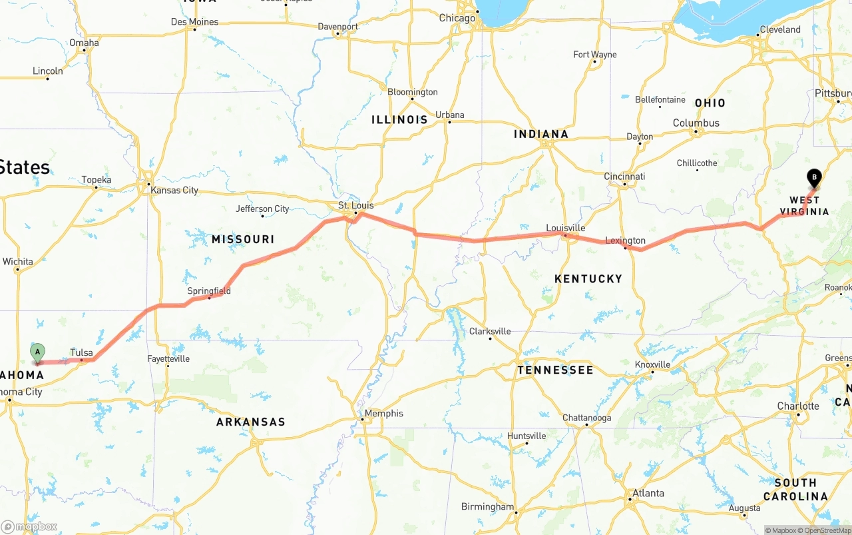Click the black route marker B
click(813, 178)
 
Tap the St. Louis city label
click(356, 205)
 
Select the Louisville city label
click(565, 228)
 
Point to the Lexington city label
click(625, 241)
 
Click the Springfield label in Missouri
click(209, 290)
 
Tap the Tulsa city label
click(81, 352)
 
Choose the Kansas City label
click(174, 190)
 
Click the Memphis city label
click(383, 413)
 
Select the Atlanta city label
click(648, 493)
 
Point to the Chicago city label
click(457, 18)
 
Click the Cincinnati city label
click(624, 177)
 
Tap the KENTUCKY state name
click(588, 278)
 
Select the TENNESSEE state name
click(554, 370)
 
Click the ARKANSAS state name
click(250, 422)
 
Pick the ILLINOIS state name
click(399, 120)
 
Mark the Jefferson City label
click(262, 209)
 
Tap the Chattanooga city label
click(586, 418)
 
